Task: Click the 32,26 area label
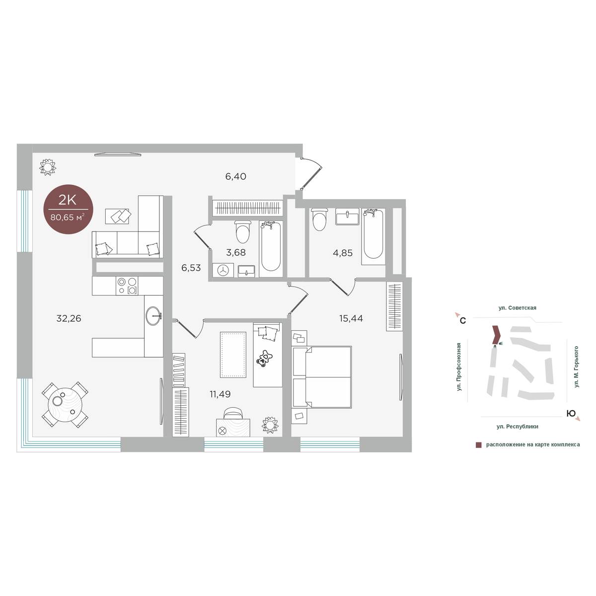pyautogui.click(x=69, y=318)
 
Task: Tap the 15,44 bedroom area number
pyautogui.click(x=351, y=318)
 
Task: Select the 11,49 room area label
pyautogui.click(x=220, y=394)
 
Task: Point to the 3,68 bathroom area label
pyautogui.click(x=236, y=252)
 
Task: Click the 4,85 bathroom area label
pyautogui.click(x=343, y=253)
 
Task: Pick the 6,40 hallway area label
pyautogui.click(x=236, y=176)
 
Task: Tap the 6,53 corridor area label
pyautogui.click(x=191, y=268)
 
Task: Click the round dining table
pyautogui.click(x=65, y=405)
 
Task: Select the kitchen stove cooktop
pyautogui.click(x=127, y=286)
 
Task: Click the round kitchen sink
pyautogui.click(x=153, y=315)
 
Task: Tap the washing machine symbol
pyautogui.click(x=223, y=270)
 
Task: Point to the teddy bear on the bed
pyautogui.click(x=264, y=359)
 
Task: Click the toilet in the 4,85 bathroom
pyautogui.click(x=319, y=220)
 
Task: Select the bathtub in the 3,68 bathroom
pyautogui.click(x=271, y=249)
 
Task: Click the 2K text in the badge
pyautogui.click(x=68, y=201)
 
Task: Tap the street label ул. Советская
pyautogui.click(x=518, y=308)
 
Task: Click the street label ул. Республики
pyautogui.click(x=518, y=427)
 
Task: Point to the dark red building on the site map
pyautogui.click(x=496, y=335)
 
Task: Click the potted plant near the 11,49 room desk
pyautogui.click(x=270, y=425)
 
